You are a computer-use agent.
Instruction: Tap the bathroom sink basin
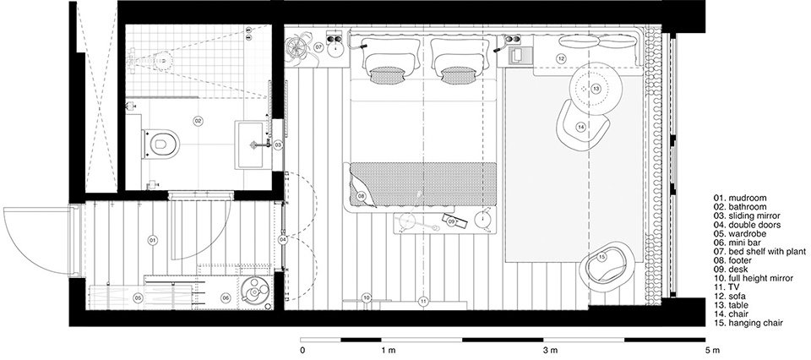point(253,145)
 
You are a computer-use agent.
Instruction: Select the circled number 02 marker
point(198,121)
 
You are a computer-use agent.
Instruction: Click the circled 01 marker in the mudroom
point(153,241)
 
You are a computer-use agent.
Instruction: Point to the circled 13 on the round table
point(596,89)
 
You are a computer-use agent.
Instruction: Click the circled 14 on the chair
point(581,126)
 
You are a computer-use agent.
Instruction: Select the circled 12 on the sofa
point(561,58)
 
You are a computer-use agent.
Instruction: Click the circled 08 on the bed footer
point(361,196)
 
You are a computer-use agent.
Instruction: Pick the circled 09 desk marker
point(451,221)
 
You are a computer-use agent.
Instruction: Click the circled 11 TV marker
point(423,301)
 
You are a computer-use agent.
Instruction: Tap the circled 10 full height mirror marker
point(367,297)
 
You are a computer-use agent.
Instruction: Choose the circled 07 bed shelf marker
point(318,47)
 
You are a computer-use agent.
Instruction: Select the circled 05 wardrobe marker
point(138,297)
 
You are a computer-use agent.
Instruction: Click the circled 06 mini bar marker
point(225,297)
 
